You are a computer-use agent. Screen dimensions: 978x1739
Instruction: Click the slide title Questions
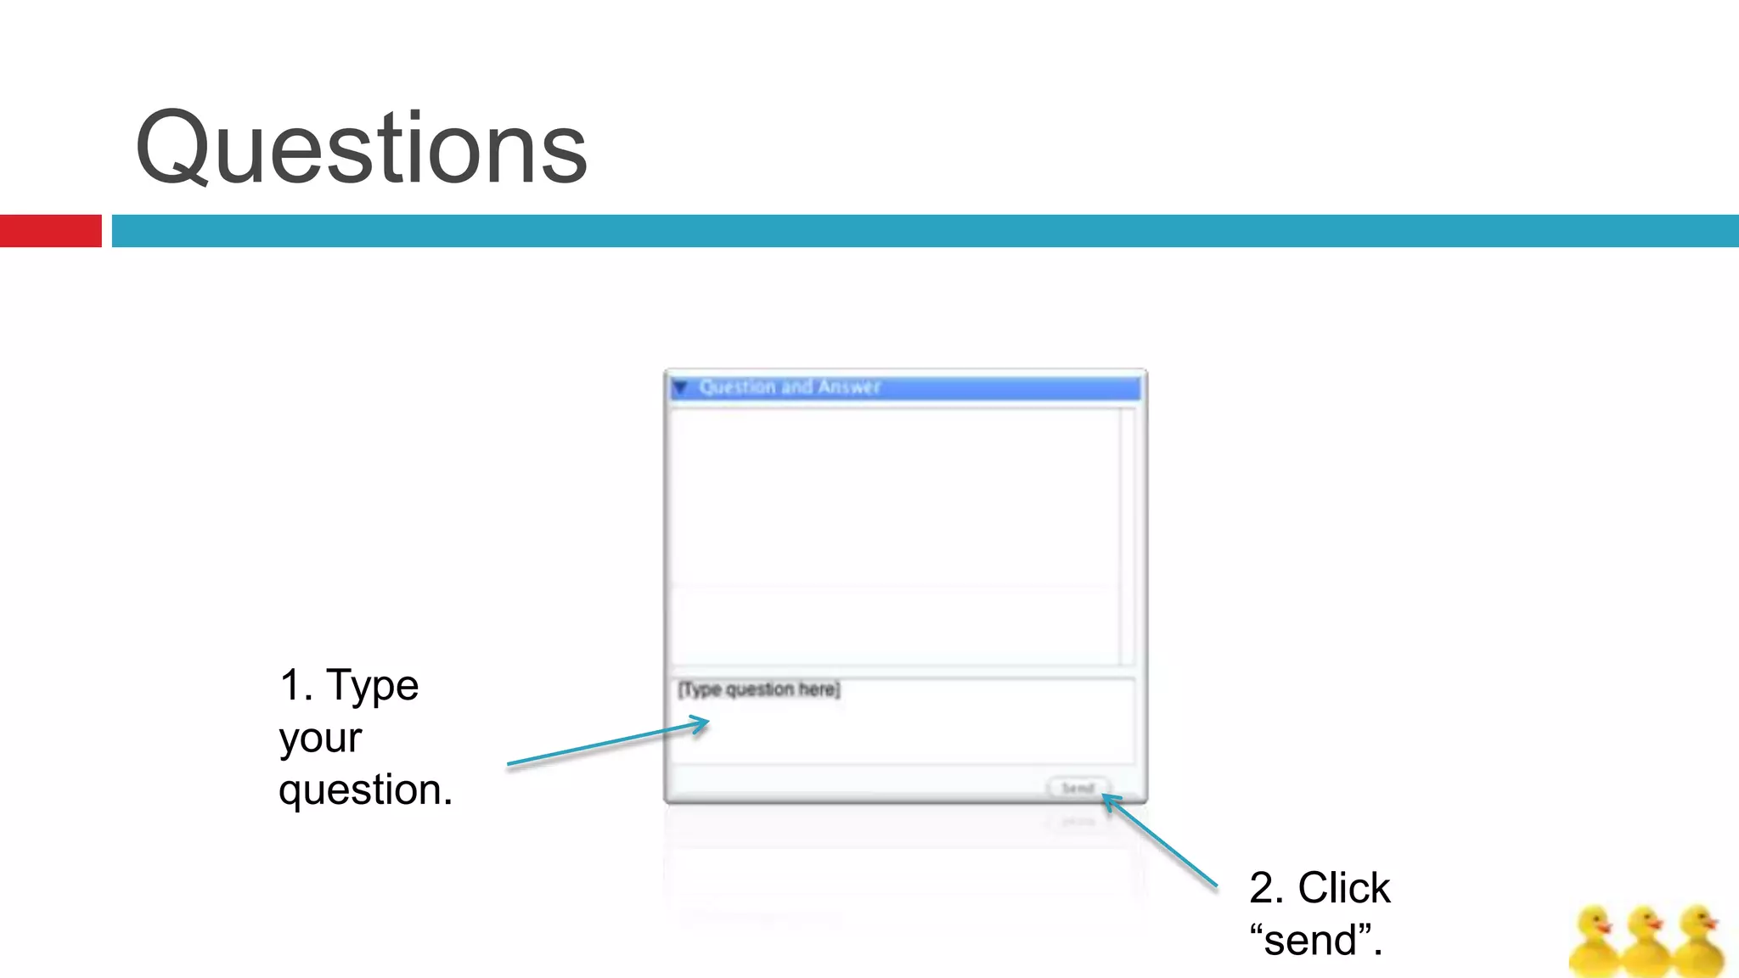(x=361, y=149)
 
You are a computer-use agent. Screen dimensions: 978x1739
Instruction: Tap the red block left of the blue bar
(x=50, y=231)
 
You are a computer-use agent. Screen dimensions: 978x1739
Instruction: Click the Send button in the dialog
(x=1078, y=788)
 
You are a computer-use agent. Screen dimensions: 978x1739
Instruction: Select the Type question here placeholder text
(x=758, y=689)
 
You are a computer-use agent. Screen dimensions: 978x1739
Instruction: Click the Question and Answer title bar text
(x=790, y=387)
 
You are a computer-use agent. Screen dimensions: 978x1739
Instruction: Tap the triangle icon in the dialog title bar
(x=680, y=387)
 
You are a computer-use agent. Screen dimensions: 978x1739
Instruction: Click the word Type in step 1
(x=373, y=685)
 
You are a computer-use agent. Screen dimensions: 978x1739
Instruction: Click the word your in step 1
(x=320, y=738)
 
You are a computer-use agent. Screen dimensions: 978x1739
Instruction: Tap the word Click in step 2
(x=1343, y=888)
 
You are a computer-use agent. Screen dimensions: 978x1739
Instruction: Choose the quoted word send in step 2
(x=1316, y=941)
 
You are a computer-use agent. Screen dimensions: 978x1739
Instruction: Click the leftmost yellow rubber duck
(x=1595, y=942)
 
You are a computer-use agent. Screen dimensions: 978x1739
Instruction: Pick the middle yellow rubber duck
(x=1646, y=942)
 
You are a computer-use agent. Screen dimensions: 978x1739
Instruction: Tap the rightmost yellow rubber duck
(x=1698, y=942)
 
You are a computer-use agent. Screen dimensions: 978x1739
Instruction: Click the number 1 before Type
(x=291, y=685)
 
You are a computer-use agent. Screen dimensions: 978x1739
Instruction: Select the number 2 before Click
(x=1262, y=888)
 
